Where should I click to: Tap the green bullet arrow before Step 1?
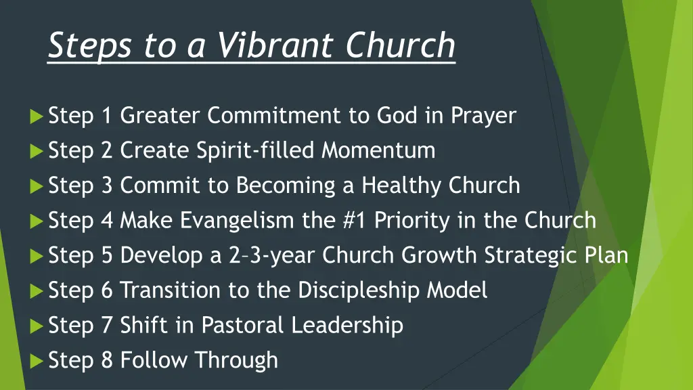[37, 116]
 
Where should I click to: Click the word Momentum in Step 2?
[378, 150]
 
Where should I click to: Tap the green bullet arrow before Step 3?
[37, 186]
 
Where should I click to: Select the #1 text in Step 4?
[357, 220]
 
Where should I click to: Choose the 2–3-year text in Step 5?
[271, 255]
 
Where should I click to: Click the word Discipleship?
[359, 290]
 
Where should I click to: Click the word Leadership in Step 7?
[347, 326]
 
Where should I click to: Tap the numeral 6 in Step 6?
[107, 290]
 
